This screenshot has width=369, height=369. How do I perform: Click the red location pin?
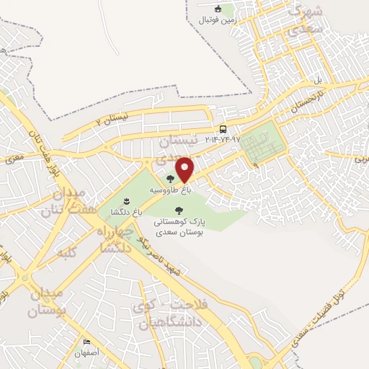(x=185, y=169)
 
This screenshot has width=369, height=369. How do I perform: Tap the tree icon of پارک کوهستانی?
(x=179, y=211)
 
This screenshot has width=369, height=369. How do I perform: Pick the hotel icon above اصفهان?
(x=87, y=342)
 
